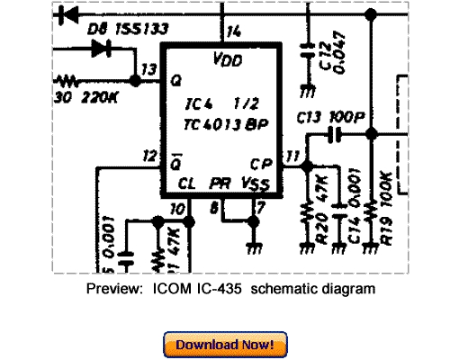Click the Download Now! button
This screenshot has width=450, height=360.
click(x=225, y=345)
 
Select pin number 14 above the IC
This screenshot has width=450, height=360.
click(x=234, y=32)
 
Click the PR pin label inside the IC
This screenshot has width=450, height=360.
click(x=220, y=184)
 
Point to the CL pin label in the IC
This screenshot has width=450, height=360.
click(x=186, y=184)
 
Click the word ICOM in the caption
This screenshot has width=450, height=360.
click(x=160, y=289)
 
